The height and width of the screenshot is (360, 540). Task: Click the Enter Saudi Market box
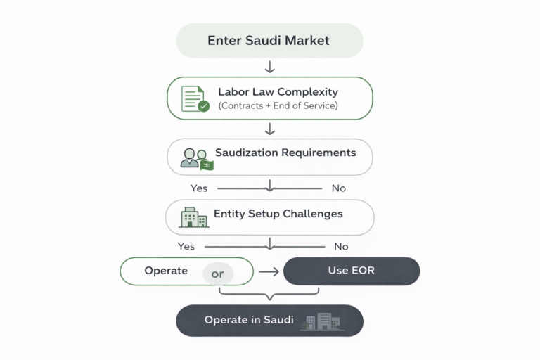pos(269,41)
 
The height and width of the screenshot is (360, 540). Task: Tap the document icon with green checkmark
pos(194,98)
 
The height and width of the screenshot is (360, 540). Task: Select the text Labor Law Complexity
pos(278,92)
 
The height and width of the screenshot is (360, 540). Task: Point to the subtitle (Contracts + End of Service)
pos(278,106)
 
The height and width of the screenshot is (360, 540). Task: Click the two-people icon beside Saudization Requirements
pos(195,159)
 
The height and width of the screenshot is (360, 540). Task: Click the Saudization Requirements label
pos(285,153)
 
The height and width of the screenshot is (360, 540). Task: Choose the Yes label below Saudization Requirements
pos(199,188)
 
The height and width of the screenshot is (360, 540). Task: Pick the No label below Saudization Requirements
pos(337,188)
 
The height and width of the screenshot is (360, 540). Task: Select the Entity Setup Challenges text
pos(278,214)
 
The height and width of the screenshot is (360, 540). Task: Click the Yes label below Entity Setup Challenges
pos(186,247)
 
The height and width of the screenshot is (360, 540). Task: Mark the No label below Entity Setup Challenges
pos(341,247)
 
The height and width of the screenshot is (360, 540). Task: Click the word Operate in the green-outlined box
pos(166,271)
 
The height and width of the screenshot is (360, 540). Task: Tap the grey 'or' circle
pos(218,274)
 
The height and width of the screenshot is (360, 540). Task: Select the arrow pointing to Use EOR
pos(269,271)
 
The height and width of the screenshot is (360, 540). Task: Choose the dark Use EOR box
pos(352,271)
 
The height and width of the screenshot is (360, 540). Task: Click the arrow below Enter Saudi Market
pos(269,67)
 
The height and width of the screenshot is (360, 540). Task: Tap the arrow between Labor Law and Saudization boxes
pos(269,129)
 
